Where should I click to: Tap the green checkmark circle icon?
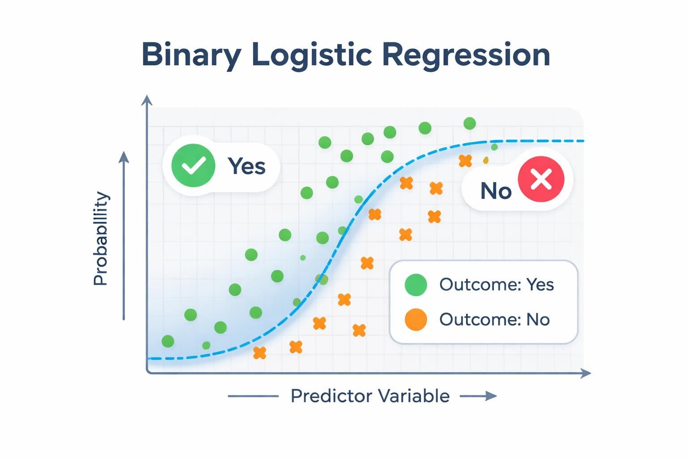[x=193, y=165]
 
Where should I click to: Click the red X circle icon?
[x=541, y=179]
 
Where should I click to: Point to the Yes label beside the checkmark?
[x=246, y=166]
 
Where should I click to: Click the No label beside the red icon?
[x=496, y=191]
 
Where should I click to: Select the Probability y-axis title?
[x=101, y=238]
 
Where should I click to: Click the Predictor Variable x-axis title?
[x=370, y=396]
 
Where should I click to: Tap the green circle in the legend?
[x=416, y=285]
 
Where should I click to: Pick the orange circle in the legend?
[x=416, y=320]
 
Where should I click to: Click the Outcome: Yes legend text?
[x=496, y=285]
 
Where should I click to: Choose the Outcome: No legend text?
[x=494, y=320]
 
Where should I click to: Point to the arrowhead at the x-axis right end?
[x=586, y=373]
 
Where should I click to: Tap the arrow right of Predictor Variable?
[x=479, y=396]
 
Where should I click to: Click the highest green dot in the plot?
[x=469, y=123]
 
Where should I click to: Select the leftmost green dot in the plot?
[x=168, y=341]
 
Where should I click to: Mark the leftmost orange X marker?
[x=259, y=353]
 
